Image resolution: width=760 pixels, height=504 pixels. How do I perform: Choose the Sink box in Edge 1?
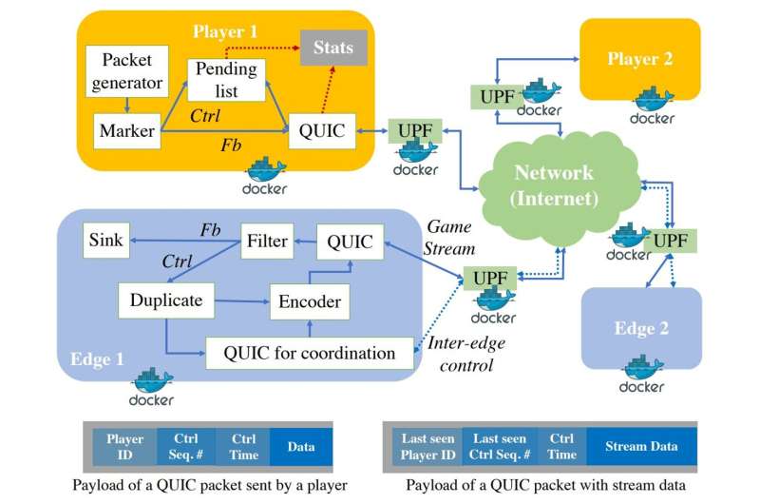104,241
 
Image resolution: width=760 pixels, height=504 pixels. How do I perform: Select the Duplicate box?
165,300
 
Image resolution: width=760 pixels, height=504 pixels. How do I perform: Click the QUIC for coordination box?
310,353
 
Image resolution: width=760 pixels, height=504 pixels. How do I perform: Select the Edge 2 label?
642,328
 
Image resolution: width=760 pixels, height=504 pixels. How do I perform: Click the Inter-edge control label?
460,353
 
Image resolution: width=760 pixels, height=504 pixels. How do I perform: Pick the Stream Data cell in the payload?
641,445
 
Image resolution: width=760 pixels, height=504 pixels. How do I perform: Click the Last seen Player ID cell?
427,445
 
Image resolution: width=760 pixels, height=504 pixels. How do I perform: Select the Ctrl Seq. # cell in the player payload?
184,445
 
